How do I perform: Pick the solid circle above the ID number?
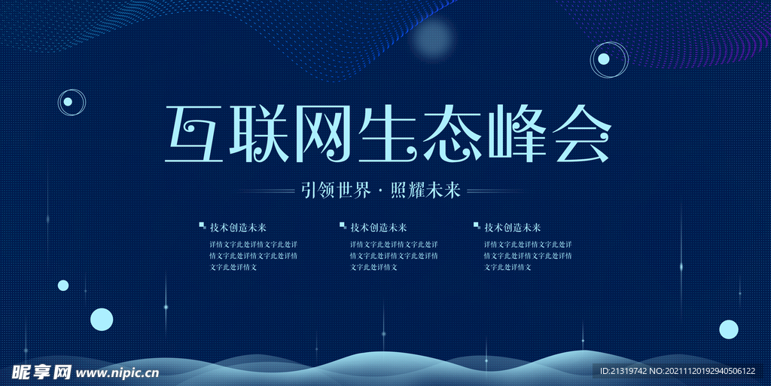click(x=728, y=329)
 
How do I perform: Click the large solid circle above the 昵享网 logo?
click(x=102, y=320)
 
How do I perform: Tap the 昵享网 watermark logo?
click(x=41, y=372)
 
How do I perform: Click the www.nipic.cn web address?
click(x=118, y=372)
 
